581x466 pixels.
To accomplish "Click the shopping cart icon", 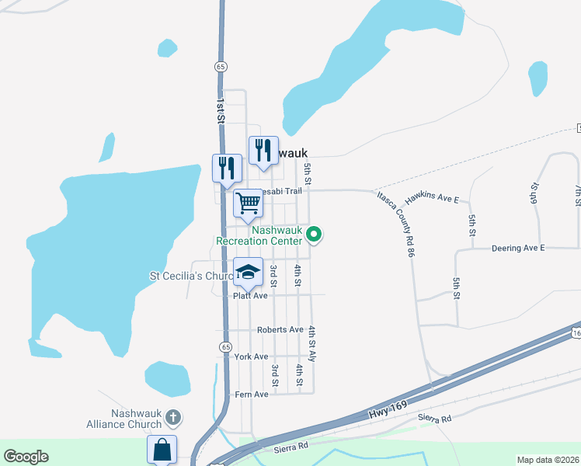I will point(248,203).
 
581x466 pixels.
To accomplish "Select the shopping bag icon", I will point(162,449).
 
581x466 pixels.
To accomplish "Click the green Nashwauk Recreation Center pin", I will point(315,233).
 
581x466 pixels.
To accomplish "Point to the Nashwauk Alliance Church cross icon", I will point(172,418).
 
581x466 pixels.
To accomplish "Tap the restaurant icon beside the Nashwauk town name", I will point(263,150).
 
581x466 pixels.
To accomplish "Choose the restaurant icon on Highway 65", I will point(227,168).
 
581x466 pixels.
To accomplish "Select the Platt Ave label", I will point(250,296).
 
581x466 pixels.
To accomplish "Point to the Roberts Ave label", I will point(280,329).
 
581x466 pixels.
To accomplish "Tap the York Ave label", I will point(251,356).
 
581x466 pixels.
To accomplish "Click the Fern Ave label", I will point(251,395).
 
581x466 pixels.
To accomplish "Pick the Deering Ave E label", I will point(519,248).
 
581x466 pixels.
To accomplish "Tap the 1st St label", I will point(221,110).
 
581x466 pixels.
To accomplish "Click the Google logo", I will point(26,457).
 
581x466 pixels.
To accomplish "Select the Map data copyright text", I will point(548,460).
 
